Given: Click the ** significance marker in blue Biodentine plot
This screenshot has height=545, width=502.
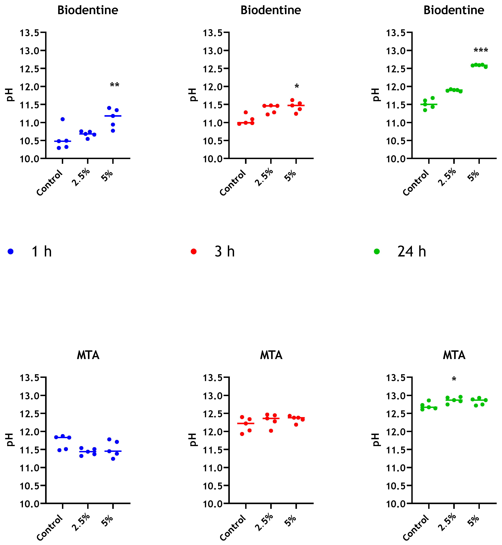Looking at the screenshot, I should coord(115,85).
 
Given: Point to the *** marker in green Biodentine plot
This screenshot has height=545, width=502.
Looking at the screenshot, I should coord(481,51).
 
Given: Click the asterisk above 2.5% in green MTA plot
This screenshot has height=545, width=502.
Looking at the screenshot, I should coord(454,379).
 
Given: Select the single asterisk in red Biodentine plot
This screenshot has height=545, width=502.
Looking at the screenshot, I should coord(297,87).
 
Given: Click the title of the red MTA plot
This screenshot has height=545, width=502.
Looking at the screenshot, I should coord(271,355).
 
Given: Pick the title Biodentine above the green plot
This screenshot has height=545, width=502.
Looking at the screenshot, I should coord(454,10).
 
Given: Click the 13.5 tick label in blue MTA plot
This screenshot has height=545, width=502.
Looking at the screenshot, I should coord(29,378).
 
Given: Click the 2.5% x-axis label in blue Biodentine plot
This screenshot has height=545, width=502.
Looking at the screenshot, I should coord(81,177).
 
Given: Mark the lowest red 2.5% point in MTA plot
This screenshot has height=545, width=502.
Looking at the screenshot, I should coord(271,431).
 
